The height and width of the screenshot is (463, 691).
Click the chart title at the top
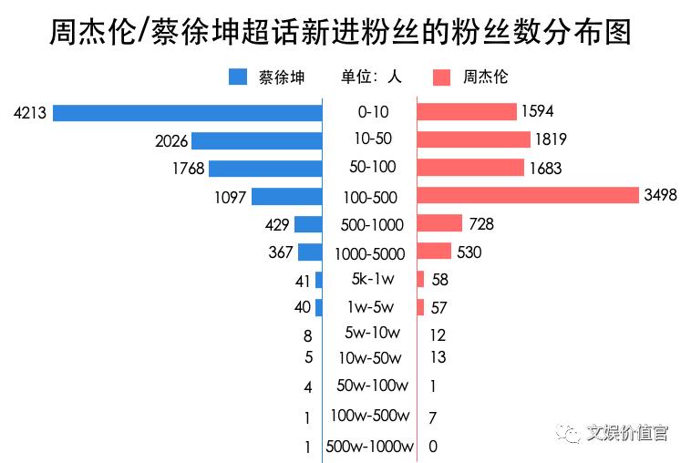[339, 34]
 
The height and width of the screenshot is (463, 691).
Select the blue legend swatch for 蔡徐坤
[238, 77]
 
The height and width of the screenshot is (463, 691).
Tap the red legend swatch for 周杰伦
[442, 77]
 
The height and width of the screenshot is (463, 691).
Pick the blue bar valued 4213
[188, 113]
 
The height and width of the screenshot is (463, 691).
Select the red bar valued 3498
[528, 196]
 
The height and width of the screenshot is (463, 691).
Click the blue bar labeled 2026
[257, 140]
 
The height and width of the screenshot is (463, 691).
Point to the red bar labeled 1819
[473, 140]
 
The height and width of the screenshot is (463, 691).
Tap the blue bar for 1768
[265, 169]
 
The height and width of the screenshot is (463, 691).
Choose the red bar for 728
[439, 224]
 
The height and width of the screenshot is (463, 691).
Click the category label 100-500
[373, 197]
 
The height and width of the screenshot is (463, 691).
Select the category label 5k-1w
[372, 279]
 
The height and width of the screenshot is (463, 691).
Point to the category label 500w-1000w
[369, 447]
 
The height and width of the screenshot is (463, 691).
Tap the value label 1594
[538, 112]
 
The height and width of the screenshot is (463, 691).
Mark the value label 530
[469, 252]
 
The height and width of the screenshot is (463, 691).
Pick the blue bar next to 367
[310, 252]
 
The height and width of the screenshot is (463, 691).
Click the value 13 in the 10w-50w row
[438, 357]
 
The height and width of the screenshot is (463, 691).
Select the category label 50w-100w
[371, 386]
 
